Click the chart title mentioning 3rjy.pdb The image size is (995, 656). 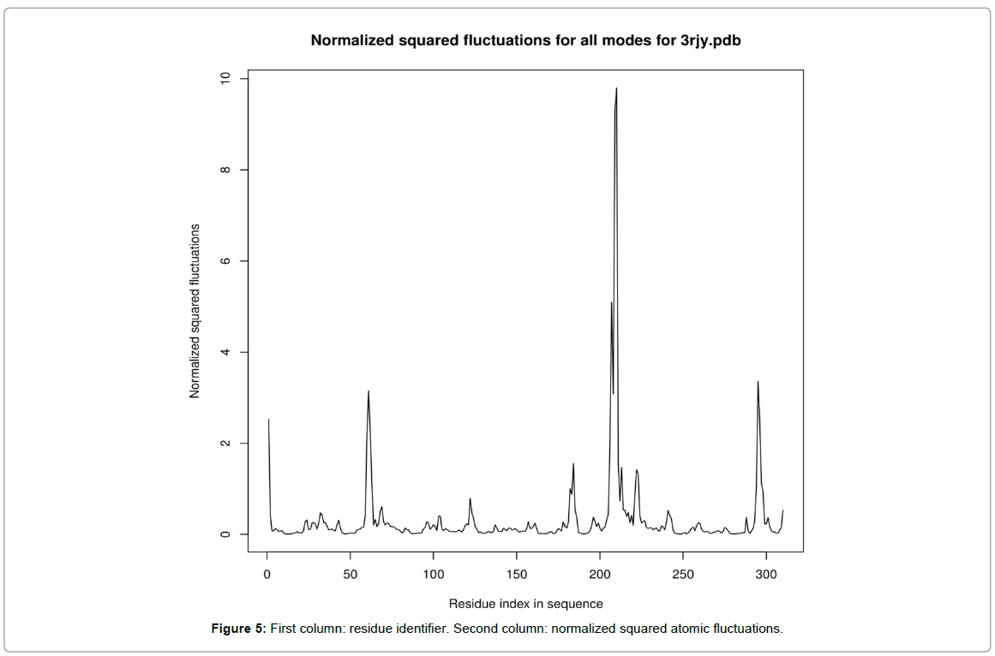pos(525,39)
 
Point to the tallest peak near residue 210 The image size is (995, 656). pos(616,89)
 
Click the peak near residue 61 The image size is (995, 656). pos(369,391)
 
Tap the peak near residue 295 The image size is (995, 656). pos(758,382)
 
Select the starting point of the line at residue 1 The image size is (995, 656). pos(268,420)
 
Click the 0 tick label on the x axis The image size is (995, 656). pos(267,573)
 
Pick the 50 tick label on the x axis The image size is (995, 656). pos(351,573)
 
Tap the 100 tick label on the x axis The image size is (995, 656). pos(434,573)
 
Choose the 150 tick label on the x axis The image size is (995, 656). pos(517,573)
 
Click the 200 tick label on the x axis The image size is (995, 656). pos(600,573)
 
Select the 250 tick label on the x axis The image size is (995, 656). pos(683,573)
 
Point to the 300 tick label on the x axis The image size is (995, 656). pos(766,573)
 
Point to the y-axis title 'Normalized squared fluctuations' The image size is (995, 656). pos(195,311)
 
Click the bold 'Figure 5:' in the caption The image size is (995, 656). pos(238,629)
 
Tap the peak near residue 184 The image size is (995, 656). pos(573,464)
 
